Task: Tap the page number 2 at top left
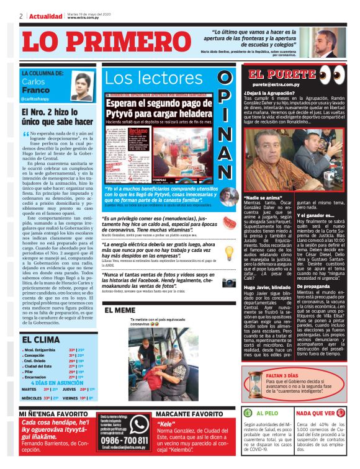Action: click(21, 16)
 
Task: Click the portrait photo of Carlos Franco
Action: click(83, 87)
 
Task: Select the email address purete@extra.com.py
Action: click(277, 84)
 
